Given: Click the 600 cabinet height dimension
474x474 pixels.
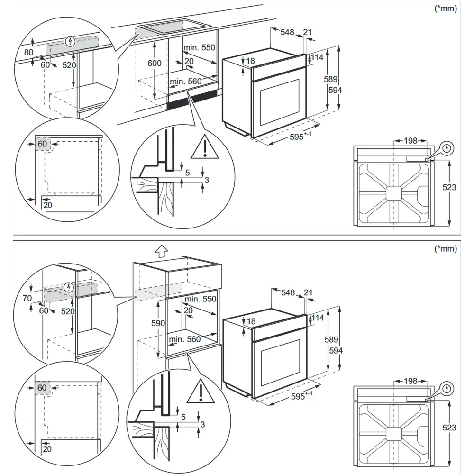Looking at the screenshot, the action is pyautogui.click(x=155, y=63).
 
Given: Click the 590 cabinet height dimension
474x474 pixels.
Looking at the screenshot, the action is pyautogui.click(x=158, y=323).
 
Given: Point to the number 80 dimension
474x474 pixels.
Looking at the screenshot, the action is pyautogui.click(x=29, y=52).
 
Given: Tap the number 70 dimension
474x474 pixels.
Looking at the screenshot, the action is pyautogui.click(x=27, y=298).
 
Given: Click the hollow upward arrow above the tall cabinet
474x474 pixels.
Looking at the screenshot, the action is pyautogui.click(x=162, y=251).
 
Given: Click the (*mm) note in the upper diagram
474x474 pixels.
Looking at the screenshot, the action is pyautogui.click(x=446, y=9).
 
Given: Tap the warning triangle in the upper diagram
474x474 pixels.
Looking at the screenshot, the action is pyautogui.click(x=205, y=146).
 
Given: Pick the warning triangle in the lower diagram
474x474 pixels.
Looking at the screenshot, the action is pyautogui.click(x=201, y=392).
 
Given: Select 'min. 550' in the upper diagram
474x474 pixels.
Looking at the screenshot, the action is pyautogui.click(x=199, y=47).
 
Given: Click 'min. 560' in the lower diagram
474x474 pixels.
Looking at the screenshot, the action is pyautogui.click(x=185, y=339).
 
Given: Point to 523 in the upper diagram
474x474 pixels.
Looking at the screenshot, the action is pyautogui.click(x=449, y=187).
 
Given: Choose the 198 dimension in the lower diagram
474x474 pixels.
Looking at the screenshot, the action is pyautogui.click(x=410, y=381).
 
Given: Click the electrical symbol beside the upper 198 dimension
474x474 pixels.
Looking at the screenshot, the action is pyautogui.click(x=447, y=148).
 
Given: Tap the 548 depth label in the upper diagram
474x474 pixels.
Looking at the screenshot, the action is pyautogui.click(x=287, y=32).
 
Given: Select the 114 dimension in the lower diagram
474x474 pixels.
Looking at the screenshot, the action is pyautogui.click(x=318, y=318).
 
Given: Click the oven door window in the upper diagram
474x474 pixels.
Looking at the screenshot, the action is pyautogui.click(x=280, y=102).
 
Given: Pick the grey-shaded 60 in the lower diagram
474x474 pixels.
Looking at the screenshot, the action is pyautogui.click(x=42, y=388).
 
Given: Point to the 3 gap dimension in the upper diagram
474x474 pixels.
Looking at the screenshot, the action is pyautogui.click(x=207, y=180).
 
